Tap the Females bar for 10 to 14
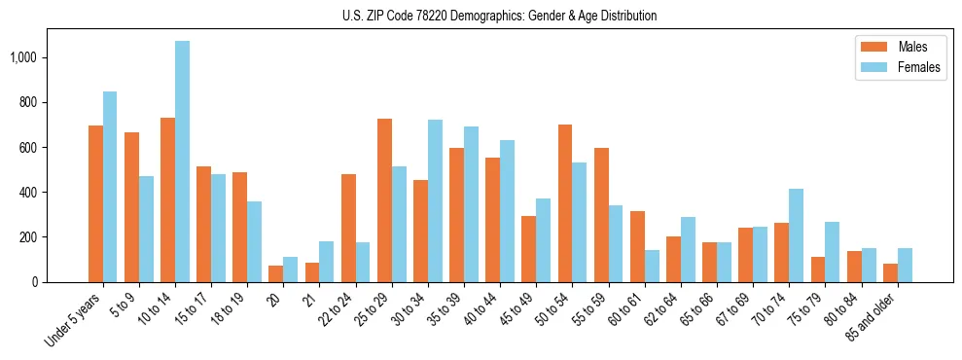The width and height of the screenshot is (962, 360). (182, 162)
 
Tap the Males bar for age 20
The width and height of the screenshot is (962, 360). (276, 273)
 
